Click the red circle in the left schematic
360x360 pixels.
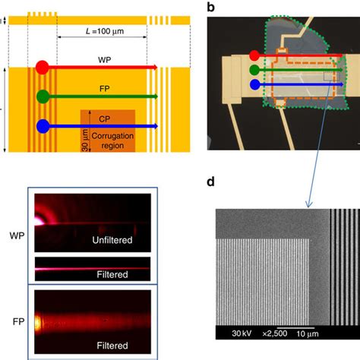[43, 68]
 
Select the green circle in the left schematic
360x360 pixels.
[43, 96]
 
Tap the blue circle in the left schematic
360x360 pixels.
[43, 125]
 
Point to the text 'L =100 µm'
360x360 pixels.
[102, 36]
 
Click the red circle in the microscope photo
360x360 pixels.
[253, 55]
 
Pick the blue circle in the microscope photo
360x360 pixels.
[253, 85]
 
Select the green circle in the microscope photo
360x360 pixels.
[253, 70]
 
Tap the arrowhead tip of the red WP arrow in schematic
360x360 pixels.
[156, 68]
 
